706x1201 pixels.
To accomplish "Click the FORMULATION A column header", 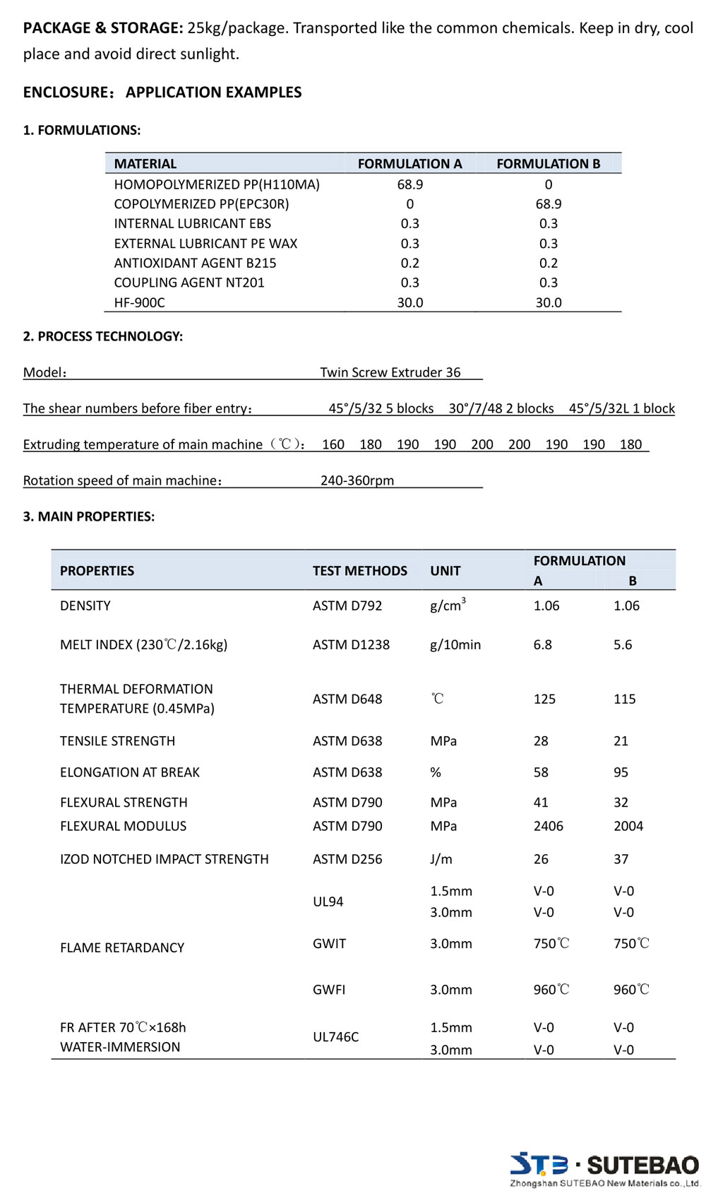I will click(409, 164).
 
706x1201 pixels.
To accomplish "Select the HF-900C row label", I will click(139, 302).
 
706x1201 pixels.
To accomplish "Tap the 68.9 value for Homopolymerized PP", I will click(409, 184).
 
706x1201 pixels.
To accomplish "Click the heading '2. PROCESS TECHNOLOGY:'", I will click(102, 336).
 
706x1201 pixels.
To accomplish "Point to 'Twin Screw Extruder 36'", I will click(390, 372).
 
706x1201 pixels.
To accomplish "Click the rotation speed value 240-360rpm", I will click(357, 480).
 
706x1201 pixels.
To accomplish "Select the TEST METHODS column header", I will click(359, 571).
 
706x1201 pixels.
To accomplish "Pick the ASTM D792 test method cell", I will click(347, 605).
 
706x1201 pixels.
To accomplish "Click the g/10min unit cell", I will click(455, 644).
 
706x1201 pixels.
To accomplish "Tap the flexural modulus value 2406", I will click(548, 826).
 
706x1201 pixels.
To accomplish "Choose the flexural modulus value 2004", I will click(628, 826).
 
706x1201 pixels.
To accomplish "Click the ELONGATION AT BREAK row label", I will click(129, 772).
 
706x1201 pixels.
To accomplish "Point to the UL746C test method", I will click(335, 1037).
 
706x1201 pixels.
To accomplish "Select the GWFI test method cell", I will click(329, 990).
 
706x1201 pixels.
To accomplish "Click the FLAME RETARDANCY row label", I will click(121, 947).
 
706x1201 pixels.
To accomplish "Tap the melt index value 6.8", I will click(542, 644).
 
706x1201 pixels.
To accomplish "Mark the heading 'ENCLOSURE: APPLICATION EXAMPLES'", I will click(162, 92).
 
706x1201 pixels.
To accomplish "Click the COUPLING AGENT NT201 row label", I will click(189, 283).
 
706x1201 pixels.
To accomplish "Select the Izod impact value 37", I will click(621, 859).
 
